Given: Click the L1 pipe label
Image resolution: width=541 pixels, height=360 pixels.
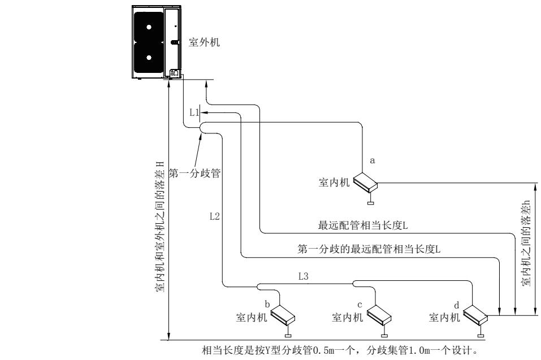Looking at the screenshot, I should (x=193, y=113).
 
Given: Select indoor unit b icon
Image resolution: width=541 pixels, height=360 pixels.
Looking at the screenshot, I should (x=284, y=314).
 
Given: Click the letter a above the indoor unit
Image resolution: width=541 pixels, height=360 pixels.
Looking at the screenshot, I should (x=371, y=161).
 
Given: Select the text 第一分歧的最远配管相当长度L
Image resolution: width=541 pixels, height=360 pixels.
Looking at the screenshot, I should (x=369, y=248).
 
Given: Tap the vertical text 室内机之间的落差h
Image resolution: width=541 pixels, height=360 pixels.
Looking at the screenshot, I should (x=526, y=246).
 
